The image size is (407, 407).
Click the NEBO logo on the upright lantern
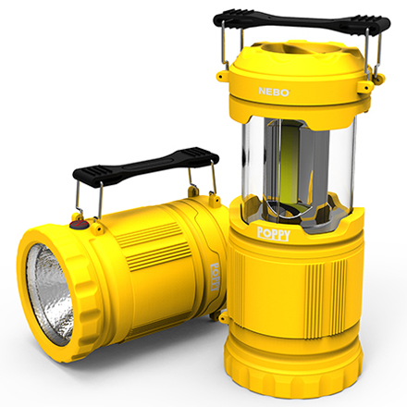click(x=273, y=91)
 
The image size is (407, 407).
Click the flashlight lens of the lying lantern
click(x=50, y=295)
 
